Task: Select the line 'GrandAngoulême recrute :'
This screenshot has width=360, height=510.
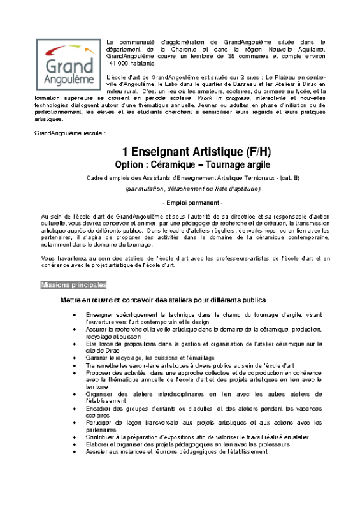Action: pos(69,133)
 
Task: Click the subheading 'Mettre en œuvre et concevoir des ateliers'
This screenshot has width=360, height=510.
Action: pos(162,300)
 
